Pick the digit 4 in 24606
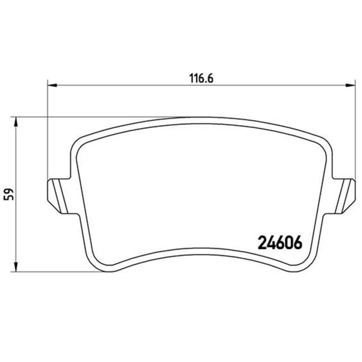270,242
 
